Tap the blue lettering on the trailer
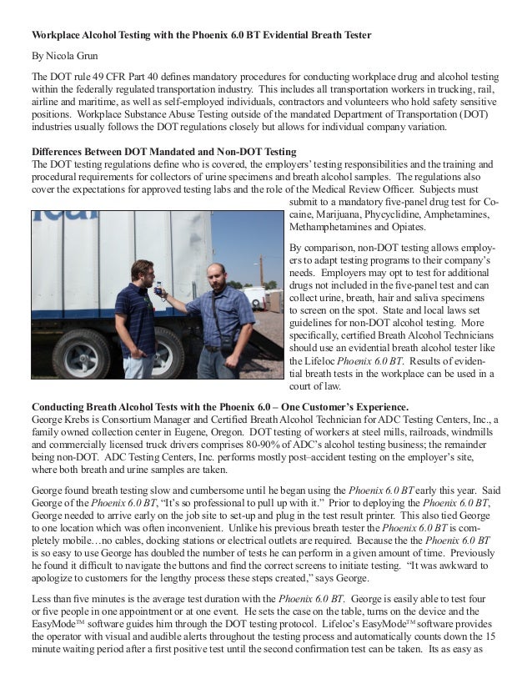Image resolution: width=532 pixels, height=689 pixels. pyautogui.click(x=67, y=220)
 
